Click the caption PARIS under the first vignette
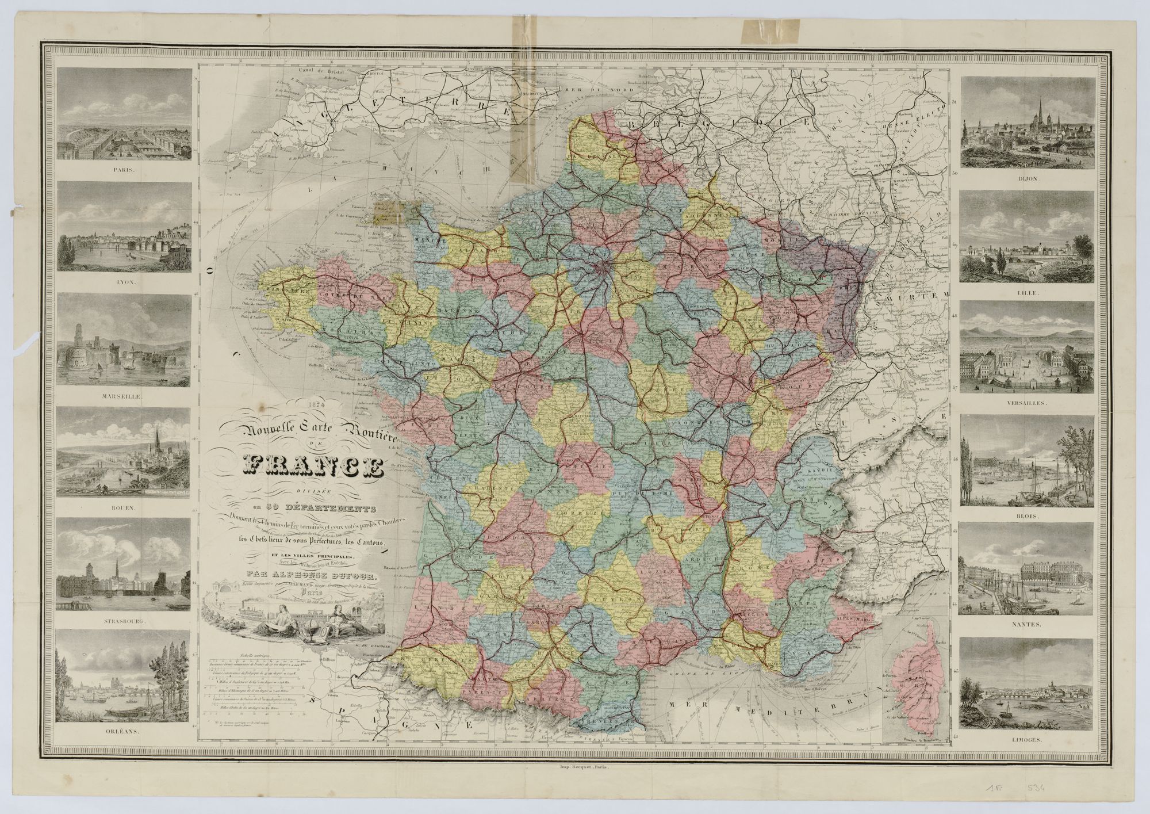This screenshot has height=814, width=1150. tap(124, 170)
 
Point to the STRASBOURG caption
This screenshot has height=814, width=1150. tap(124, 621)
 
